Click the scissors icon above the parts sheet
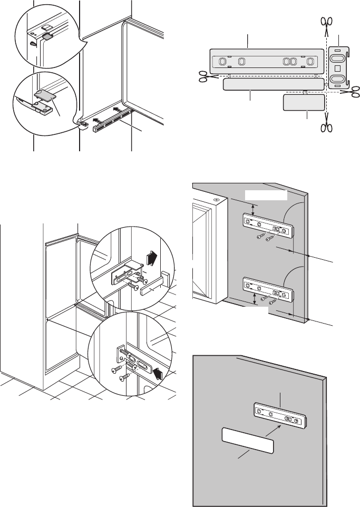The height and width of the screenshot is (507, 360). click(x=327, y=23)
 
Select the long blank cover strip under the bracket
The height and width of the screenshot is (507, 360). click(x=273, y=85)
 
